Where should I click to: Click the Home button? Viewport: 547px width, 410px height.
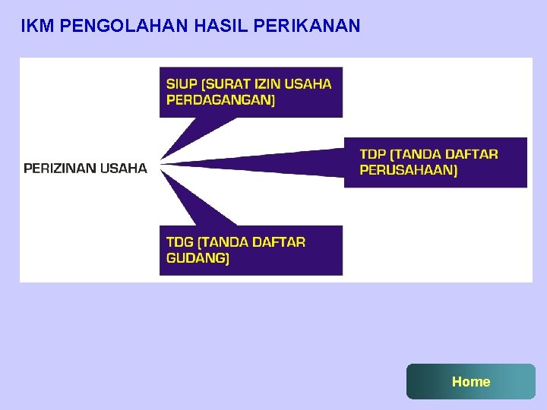(471, 381)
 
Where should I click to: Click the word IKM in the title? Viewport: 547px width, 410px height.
(36, 27)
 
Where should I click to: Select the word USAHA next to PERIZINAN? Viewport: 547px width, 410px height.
(124, 169)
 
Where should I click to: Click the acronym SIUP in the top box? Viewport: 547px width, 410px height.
(182, 84)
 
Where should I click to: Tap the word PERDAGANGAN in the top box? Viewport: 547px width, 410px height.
(220, 99)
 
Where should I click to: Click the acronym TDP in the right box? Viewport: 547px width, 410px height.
(374, 154)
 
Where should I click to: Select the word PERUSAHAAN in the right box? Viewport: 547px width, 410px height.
(409, 170)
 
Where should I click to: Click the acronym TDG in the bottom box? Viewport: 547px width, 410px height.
(180, 242)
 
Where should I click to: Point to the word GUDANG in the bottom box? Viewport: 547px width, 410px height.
(198, 258)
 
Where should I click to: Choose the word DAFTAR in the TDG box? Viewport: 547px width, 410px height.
(278, 242)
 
